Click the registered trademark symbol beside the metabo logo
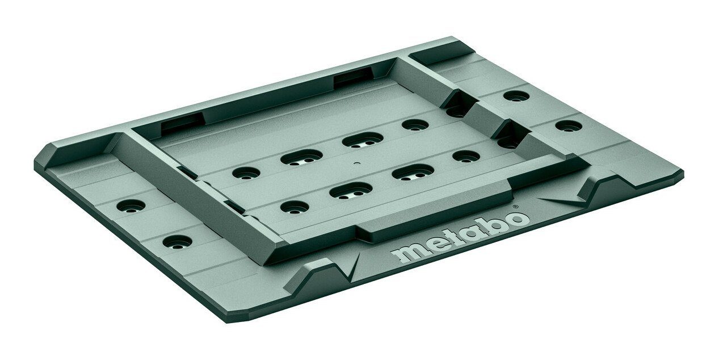(515, 207)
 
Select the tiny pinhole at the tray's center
(355, 163)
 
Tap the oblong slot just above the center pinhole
(363, 140)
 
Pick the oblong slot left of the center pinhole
(302, 157)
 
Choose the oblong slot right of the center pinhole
(413, 172)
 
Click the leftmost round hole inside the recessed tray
(246, 173)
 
